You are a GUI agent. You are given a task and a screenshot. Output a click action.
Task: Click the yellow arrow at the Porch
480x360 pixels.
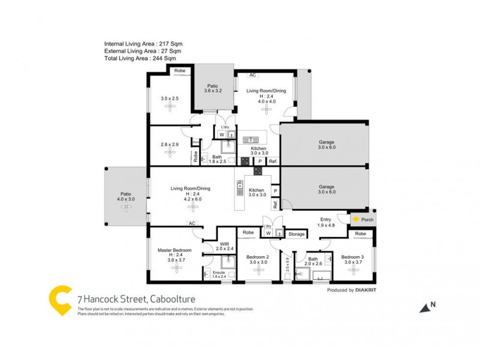pyautogui.click(x=355, y=220)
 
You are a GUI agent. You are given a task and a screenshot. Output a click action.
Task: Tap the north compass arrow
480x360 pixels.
pyautogui.click(x=425, y=308)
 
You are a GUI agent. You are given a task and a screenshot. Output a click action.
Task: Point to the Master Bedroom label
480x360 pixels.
pyautogui.click(x=175, y=250)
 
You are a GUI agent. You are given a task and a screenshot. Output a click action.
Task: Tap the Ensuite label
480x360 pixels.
pyautogui.click(x=219, y=272)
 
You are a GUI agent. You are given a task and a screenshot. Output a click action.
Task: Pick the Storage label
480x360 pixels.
pyautogui.click(x=296, y=234)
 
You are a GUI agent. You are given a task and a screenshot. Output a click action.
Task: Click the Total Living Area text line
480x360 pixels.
pyautogui.click(x=140, y=58)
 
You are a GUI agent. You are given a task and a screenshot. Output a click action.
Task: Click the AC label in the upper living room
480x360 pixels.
pyautogui.click(x=253, y=75)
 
